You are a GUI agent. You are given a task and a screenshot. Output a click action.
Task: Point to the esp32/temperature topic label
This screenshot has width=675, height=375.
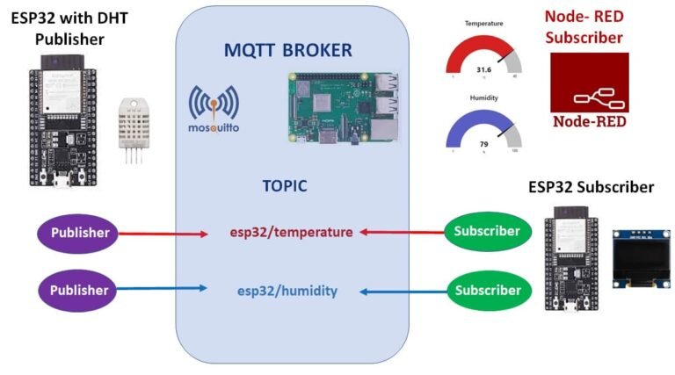tap(291, 233)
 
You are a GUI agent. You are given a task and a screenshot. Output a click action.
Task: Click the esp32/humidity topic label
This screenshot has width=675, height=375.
tap(287, 291)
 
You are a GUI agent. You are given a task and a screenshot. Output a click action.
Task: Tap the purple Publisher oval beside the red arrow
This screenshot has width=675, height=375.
tap(79, 233)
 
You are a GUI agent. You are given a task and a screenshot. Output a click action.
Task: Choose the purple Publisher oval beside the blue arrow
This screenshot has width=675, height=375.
tap(79, 289)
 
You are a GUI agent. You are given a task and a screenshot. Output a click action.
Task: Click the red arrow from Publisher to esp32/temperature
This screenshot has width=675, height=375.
tap(167, 234)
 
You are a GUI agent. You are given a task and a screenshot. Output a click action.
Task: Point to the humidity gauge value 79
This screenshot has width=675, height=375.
tap(483, 144)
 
